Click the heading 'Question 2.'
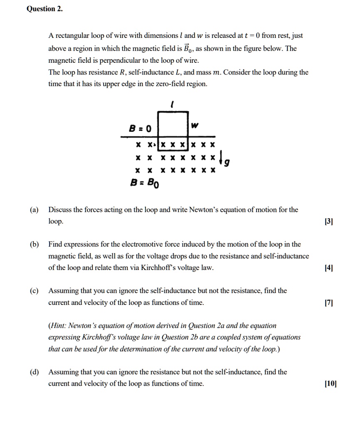pos(45,9)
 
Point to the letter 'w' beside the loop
pos(195,125)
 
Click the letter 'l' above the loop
pos(172,106)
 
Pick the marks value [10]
pos(330,384)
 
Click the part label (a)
pos(34,210)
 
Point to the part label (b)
pos(34,244)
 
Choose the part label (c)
pos(34,290)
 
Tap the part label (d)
pos(34,372)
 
